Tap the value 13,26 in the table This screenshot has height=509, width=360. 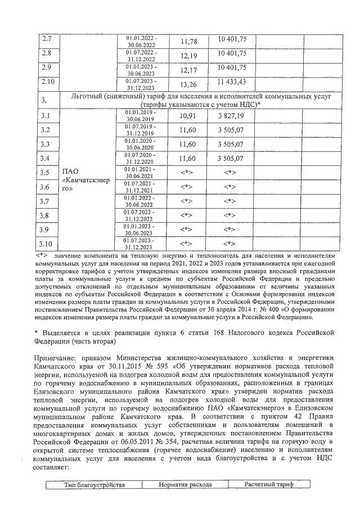coord(188,84)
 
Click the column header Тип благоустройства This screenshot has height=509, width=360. coord(93,484)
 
